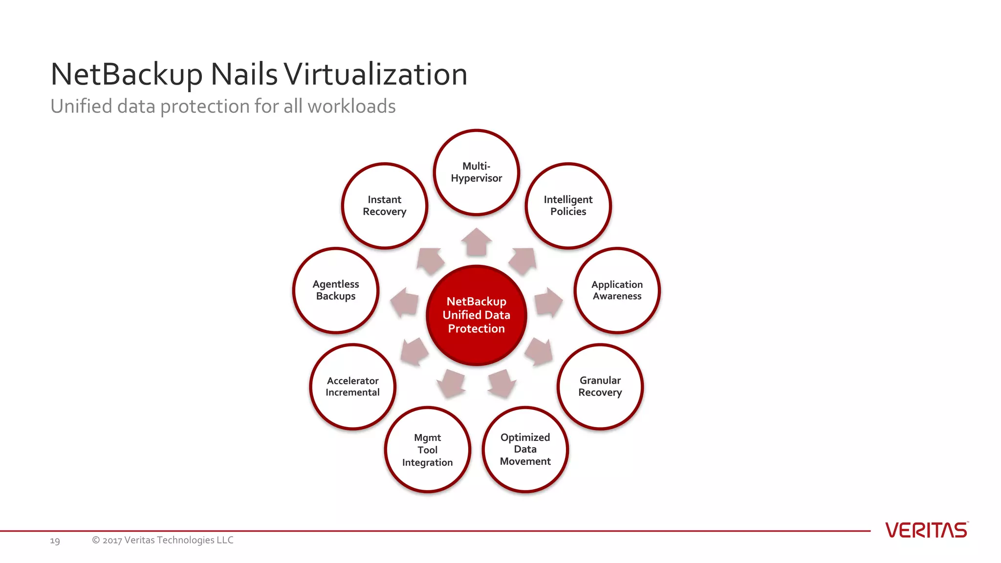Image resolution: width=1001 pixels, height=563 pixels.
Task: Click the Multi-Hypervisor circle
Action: click(x=476, y=172)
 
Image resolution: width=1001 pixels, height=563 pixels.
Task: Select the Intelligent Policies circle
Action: click(x=568, y=206)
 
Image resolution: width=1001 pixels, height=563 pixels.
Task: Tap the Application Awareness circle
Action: click(x=617, y=290)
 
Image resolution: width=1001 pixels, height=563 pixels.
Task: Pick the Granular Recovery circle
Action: click(x=600, y=387)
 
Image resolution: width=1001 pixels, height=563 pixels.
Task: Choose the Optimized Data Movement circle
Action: click(x=525, y=449)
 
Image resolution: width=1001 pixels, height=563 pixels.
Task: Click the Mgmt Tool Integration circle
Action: click(x=427, y=450)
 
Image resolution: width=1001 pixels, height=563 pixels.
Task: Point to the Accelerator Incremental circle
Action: click(x=352, y=387)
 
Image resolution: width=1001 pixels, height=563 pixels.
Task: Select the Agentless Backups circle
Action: click(x=336, y=290)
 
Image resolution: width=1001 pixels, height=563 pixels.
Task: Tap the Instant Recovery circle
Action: click(x=385, y=206)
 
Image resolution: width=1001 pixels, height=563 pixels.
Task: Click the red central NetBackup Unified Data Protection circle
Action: click(x=476, y=315)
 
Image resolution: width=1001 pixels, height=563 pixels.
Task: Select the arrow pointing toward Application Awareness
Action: click(x=548, y=302)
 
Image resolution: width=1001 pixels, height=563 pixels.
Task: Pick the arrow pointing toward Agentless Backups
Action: click(x=405, y=302)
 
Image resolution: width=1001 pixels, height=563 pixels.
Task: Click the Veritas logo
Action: click(x=926, y=530)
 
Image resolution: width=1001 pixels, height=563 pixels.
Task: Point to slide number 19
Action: click(x=55, y=541)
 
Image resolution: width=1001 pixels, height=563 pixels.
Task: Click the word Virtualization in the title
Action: click(x=375, y=74)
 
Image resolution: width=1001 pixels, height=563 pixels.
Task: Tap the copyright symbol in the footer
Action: click(x=96, y=540)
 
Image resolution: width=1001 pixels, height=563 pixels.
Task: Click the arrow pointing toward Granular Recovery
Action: click(x=539, y=351)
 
